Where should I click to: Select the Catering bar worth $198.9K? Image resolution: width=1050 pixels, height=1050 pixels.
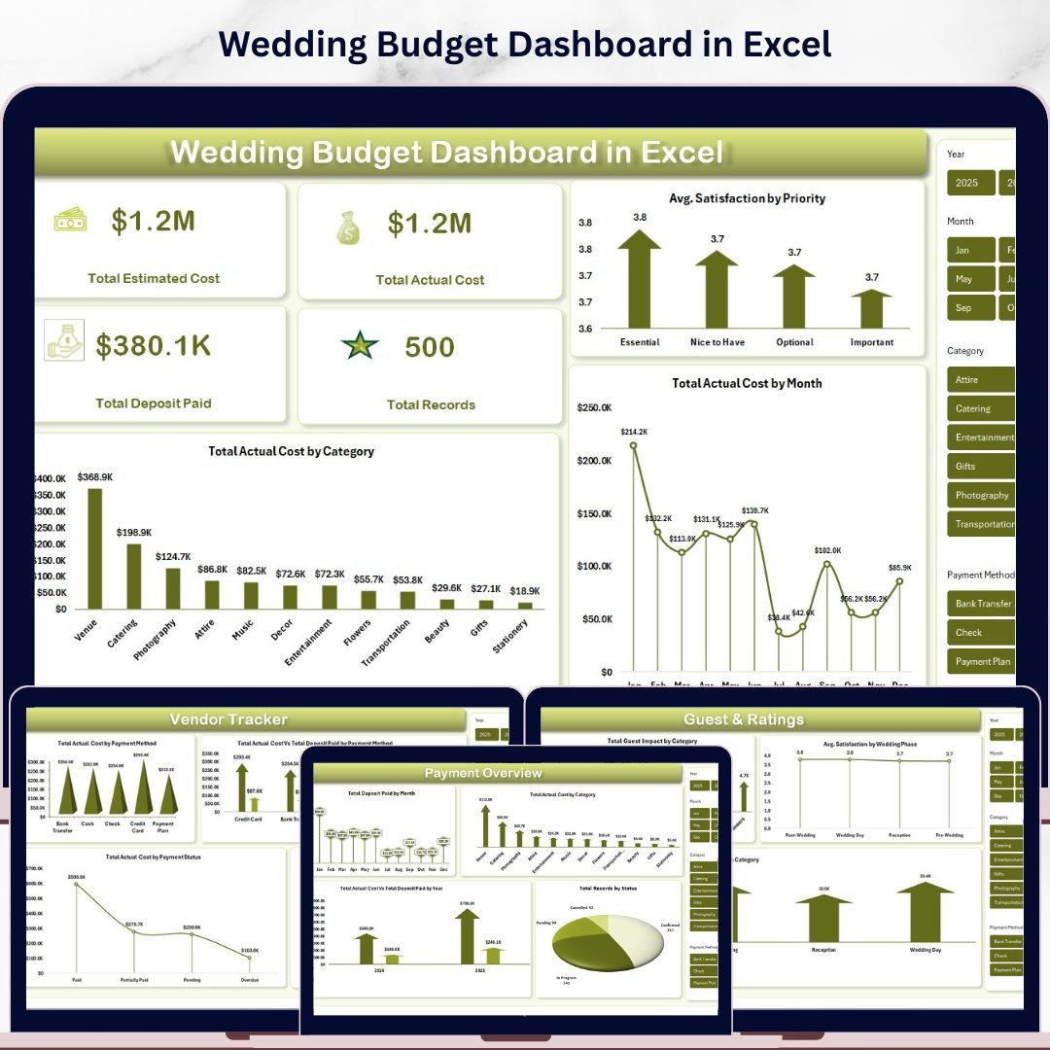[134, 576]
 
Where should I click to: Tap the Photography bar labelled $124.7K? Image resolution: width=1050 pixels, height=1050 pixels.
[173, 587]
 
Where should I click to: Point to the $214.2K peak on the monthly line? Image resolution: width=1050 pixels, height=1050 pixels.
[633, 445]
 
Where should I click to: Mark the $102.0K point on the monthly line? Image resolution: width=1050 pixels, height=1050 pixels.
[827, 564]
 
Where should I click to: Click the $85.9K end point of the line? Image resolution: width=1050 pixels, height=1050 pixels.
[899, 581]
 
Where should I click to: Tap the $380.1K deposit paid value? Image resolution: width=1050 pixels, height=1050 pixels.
[154, 346]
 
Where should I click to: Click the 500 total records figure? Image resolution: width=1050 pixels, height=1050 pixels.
[430, 347]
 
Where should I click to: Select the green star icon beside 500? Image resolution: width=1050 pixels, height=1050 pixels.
[360, 345]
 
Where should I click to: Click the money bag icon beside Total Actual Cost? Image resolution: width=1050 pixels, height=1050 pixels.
[349, 227]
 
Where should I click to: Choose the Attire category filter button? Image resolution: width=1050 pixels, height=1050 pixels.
[980, 380]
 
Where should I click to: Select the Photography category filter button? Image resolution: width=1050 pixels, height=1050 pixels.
[981, 495]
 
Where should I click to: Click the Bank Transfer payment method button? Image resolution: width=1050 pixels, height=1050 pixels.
[981, 604]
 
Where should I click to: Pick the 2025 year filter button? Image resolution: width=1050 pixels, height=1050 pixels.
[968, 183]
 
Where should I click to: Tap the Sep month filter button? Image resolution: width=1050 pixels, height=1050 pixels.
[969, 307]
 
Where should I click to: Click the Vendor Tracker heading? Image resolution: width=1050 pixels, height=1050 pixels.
[229, 719]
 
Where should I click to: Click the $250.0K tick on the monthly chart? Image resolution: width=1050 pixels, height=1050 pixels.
[594, 407]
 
